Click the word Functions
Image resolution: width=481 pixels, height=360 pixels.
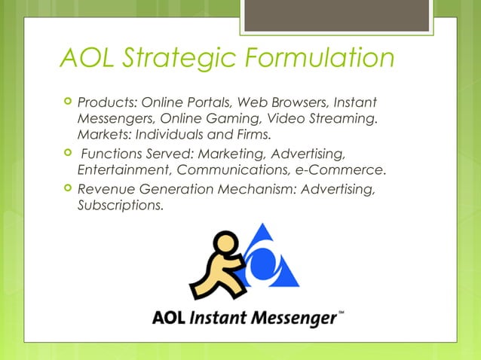pos(109,154)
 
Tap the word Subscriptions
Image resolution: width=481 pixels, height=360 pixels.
pos(119,206)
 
